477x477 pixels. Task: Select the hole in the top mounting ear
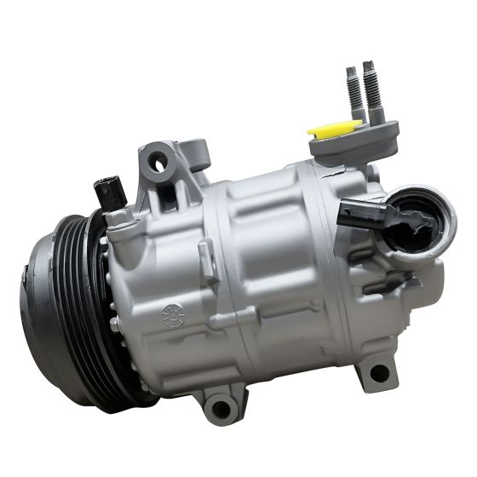[158, 160]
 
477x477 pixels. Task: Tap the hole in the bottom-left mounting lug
[220, 410]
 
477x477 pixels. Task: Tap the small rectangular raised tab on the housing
[205, 250]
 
